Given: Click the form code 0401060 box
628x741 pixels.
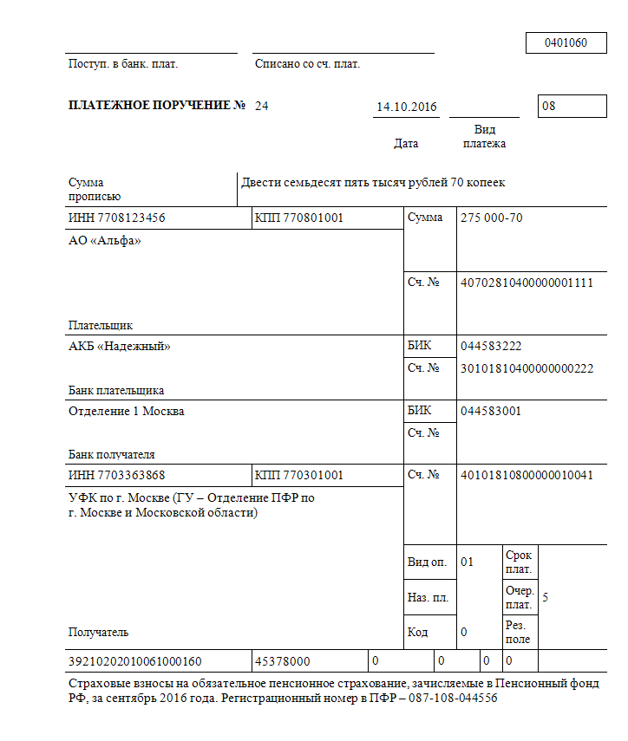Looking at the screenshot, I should pos(566,42).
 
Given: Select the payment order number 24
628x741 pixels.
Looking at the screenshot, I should pos(262,106).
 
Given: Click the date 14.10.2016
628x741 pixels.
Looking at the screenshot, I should pos(407,107).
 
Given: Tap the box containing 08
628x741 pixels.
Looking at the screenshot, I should pos(572,107).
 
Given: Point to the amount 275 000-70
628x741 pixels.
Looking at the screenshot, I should pos(492,218).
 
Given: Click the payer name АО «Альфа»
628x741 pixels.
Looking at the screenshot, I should pos(104,241).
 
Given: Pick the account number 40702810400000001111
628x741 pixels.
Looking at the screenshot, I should pos(527,283).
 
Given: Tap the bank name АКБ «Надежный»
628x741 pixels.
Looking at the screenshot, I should pos(120,347).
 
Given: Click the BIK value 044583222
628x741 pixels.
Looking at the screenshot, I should pos(491,347).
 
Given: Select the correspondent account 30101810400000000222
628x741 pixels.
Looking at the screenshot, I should pos(527,368).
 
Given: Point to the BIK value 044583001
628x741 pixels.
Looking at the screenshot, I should pos(491,411).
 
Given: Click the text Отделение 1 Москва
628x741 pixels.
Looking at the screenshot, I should pos(127,411).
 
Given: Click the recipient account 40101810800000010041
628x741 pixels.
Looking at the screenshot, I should pos(527,475).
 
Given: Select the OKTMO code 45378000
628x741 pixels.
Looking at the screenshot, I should pos(282,661).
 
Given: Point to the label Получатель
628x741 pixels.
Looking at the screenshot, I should pos(99,633).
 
